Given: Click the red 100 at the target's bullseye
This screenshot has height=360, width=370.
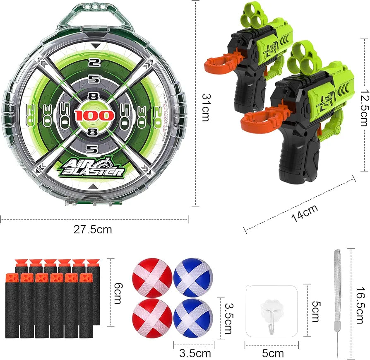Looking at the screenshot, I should click(x=95, y=115).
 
